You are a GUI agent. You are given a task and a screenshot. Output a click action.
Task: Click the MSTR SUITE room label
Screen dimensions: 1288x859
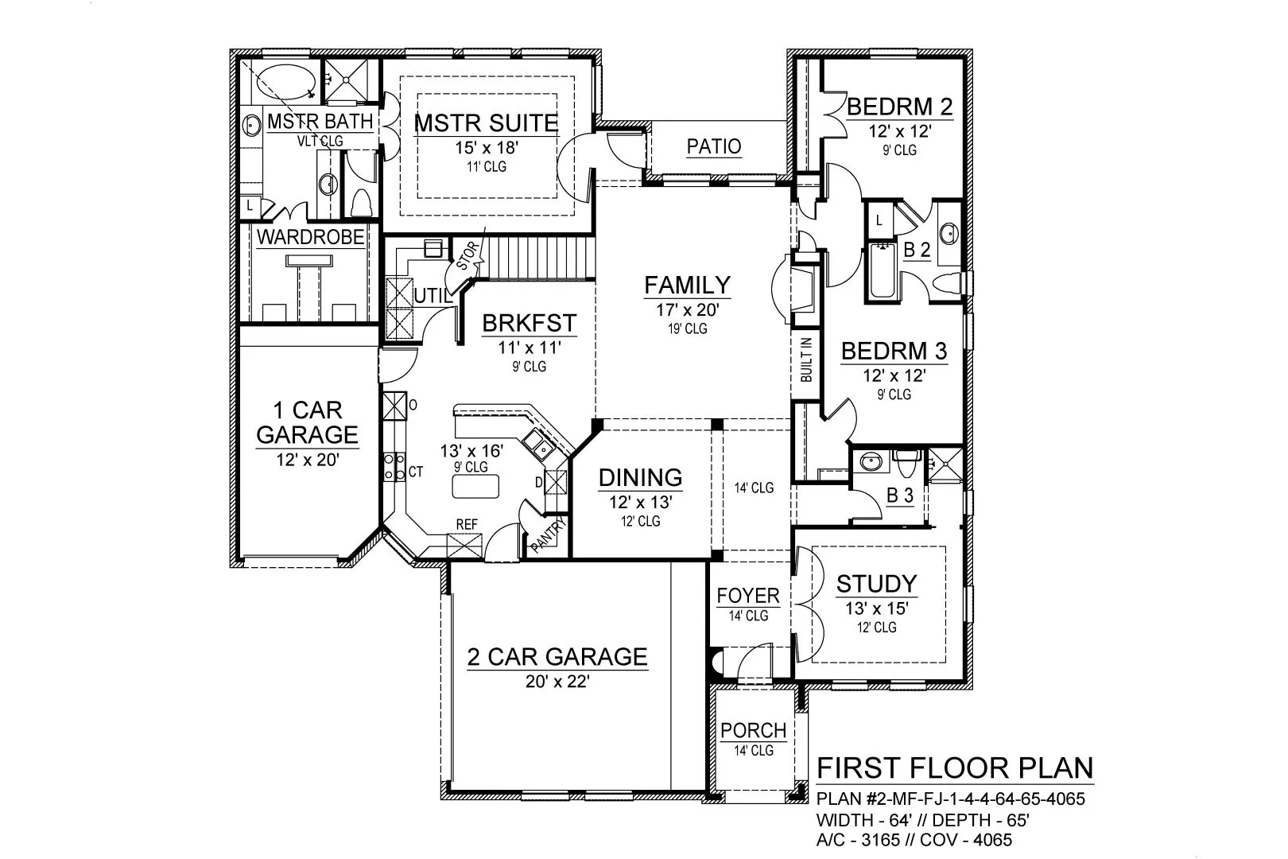click(487, 123)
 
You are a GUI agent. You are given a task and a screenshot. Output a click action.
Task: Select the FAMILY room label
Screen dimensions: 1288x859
click(687, 285)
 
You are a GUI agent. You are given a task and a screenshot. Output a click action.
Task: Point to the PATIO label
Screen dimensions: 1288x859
click(714, 146)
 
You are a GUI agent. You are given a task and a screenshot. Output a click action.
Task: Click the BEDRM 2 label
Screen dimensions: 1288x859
click(900, 107)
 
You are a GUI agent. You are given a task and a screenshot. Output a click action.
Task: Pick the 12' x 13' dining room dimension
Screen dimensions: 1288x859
click(641, 503)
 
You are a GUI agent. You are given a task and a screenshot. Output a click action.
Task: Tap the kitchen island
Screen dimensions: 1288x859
click(475, 486)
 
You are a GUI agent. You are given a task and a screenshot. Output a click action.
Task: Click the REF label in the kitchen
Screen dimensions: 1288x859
click(467, 524)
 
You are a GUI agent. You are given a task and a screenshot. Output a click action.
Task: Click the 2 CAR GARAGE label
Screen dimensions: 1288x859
click(557, 657)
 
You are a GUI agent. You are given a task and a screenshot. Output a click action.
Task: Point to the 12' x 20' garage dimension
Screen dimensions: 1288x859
click(308, 460)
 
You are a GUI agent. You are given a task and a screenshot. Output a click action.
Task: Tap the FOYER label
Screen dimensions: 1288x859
click(748, 596)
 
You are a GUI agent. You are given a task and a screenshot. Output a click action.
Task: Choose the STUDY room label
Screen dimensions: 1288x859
click(876, 584)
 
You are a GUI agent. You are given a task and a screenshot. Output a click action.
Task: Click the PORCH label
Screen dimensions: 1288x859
click(753, 731)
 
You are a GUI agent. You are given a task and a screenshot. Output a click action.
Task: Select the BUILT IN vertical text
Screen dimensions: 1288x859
click(806, 360)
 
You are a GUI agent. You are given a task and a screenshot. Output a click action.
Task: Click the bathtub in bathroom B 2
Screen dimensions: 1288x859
click(883, 270)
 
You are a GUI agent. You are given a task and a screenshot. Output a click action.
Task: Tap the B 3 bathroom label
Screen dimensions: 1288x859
click(900, 496)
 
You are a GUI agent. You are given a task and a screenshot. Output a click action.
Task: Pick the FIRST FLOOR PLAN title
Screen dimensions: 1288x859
click(955, 768)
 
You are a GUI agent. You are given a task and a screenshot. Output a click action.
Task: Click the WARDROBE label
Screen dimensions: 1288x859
click(311, 237)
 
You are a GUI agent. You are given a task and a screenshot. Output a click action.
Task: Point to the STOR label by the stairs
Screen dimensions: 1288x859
click(467, 255)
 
